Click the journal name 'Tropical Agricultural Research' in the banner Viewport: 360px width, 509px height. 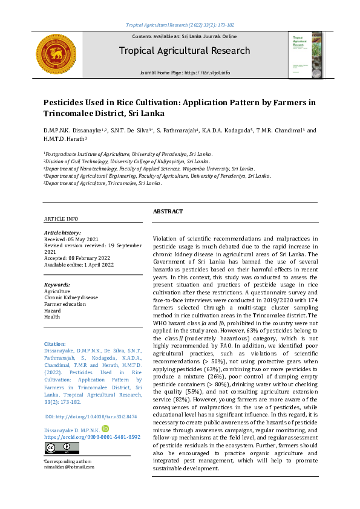point(184,51)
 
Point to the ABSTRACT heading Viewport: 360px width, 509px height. point(168,212)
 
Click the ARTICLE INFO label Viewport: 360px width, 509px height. point(61,218)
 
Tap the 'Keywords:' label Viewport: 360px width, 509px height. point(57,284)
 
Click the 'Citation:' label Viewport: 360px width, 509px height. point(56,343)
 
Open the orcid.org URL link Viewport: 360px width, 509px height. point(92,419)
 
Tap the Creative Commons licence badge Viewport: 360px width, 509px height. point(57,447)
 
